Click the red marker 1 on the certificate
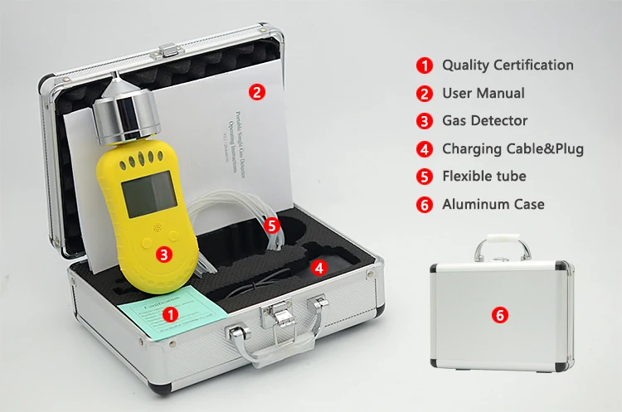pos(170,314)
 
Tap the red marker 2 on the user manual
pos(258,92)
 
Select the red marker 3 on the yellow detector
pos(164,254)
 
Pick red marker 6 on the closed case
pos(499,314)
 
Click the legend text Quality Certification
pos(507,65)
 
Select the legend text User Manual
pos(483,93)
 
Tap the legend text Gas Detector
pos(484,120)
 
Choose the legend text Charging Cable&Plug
pos(513,149)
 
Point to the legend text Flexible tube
pos(484,176)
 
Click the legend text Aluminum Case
pos(493,204)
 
